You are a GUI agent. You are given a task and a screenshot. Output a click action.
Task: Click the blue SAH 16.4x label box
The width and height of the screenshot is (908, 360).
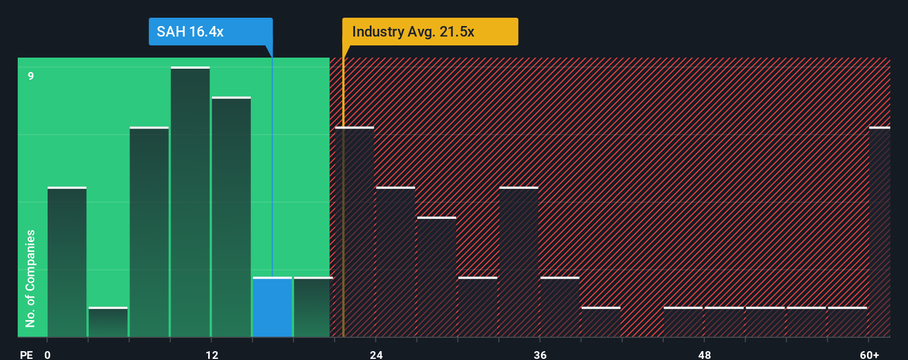(x=210, y=32)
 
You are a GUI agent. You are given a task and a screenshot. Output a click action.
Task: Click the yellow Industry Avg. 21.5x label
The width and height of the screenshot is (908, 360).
(x=430, y=32)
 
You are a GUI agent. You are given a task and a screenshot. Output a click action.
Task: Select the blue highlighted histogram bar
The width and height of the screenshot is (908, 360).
(x=272, y=307)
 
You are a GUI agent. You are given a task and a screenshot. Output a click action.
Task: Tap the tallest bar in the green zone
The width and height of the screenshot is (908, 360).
(x=190, y=202)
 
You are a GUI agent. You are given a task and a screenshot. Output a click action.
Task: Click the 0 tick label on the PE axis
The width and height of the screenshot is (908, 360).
(x=48, y=354)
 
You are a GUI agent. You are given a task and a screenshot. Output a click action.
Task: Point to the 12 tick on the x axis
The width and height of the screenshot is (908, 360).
(x=211, y=354)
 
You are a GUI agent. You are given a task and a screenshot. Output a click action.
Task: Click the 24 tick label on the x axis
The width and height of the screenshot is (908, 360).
(x=376, y=354)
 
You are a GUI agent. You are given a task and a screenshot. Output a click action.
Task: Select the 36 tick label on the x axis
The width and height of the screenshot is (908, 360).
(x=540, y=354)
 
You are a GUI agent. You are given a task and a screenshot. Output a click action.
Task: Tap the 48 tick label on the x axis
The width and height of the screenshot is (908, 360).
(x=704, y=354)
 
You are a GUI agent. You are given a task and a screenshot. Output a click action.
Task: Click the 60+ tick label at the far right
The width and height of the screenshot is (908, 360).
(x=869, y=354)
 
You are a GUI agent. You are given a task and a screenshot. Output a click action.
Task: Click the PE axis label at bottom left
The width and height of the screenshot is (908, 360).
(x=26, y=354)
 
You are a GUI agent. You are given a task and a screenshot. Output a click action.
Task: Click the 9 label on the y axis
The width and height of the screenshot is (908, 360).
(x=31, y=76)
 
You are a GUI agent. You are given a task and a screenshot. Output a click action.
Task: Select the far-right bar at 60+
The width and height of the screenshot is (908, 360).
(x=879, y=233)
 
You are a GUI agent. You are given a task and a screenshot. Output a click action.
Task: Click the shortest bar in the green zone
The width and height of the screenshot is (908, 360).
(x=108, y=322)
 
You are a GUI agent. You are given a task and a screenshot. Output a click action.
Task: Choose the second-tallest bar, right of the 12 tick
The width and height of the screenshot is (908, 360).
(x=231, y=217)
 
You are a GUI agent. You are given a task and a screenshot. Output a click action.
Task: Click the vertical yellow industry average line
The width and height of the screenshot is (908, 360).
(x=343, y=222)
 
